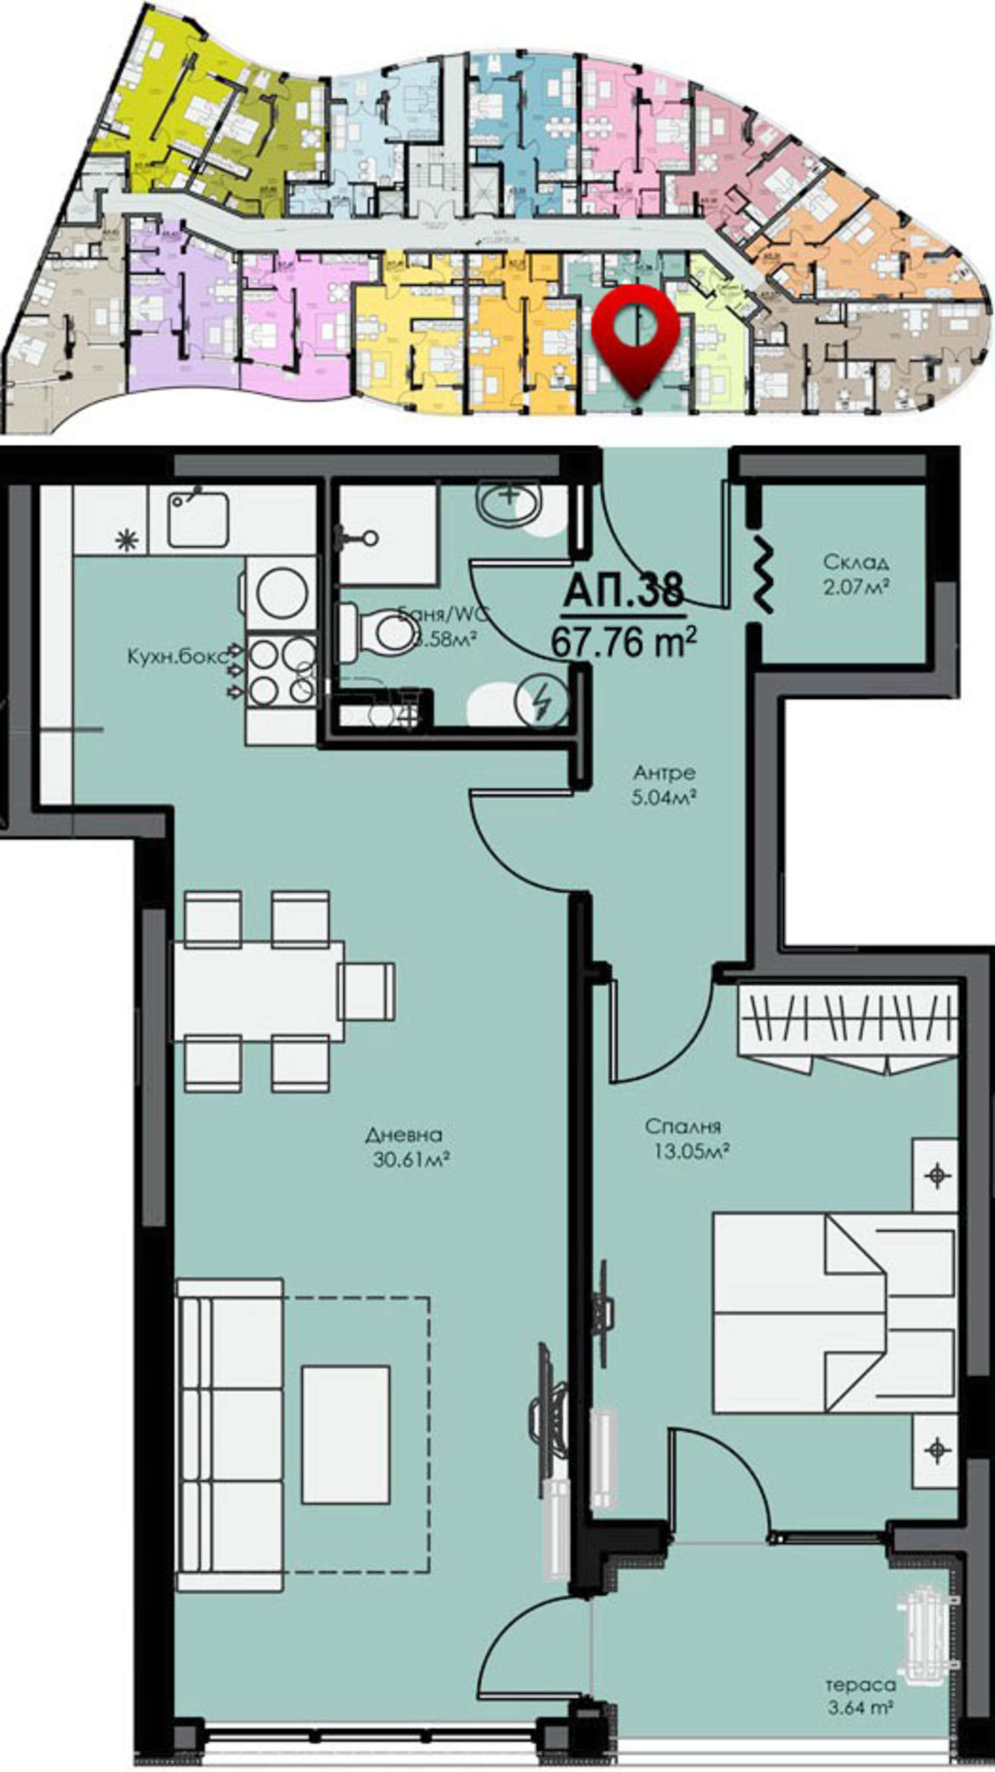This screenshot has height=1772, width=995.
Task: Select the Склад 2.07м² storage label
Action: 856,574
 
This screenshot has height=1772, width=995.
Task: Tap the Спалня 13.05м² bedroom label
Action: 688,1138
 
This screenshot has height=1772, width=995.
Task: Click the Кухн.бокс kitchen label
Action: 176,656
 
